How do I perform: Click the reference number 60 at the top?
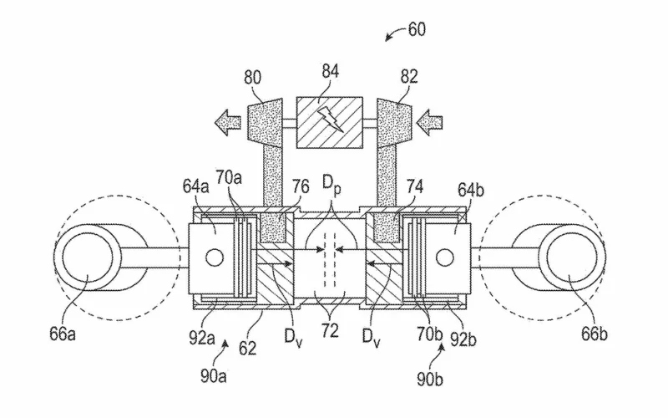pyautogui.click(x=417, y=29)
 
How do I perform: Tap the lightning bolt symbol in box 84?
pyautogui.click(x=330, y=118)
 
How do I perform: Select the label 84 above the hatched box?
pyautogui.click(x=330, y=71)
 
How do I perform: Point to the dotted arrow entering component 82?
pyautogui.click(x=429, y=122)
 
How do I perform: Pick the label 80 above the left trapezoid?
pyautogui.click(x=253, y=78)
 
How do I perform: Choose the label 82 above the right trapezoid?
pyautogui.click(x=409, y=77)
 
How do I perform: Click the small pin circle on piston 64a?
pyautogui.click(x=215, y=257)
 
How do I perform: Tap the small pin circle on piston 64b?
pyautogui.click(x=445, y=257)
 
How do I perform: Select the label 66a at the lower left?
pyautogui.click(x=63, y=334)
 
